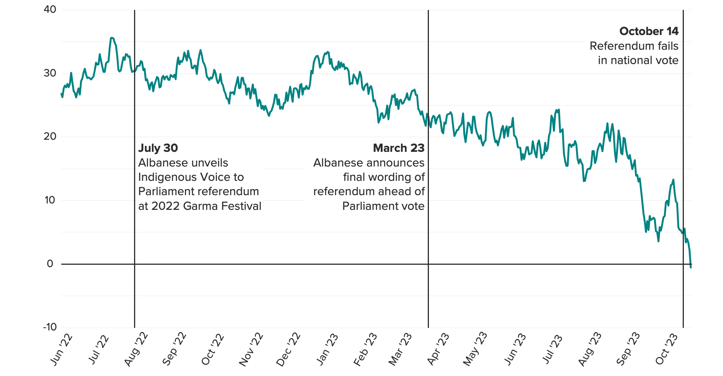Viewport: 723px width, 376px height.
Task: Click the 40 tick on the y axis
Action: (50, 10)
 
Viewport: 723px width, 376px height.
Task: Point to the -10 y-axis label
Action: (50, 327)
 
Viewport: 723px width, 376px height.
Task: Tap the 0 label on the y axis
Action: (50, 264)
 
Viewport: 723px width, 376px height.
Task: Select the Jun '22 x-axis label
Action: (61, 350)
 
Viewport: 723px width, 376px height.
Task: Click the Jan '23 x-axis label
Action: (327, 350)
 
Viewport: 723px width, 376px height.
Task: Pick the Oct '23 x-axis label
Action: (667, 350)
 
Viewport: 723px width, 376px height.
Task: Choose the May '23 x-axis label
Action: (475, 349)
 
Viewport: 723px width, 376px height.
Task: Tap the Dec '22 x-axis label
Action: (288, 350)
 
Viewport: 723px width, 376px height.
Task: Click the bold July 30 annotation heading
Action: (158, 148)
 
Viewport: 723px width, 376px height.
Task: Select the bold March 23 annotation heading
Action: (398, 148)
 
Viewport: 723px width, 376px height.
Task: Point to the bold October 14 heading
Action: (648, 31)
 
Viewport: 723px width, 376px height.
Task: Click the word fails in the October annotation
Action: (668, 46)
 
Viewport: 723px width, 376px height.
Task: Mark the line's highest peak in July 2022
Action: (111, 38)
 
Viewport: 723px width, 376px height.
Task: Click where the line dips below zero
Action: (691, 267)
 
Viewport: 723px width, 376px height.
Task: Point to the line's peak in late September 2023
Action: (673, 180)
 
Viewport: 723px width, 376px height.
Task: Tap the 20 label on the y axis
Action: (50, 137)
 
